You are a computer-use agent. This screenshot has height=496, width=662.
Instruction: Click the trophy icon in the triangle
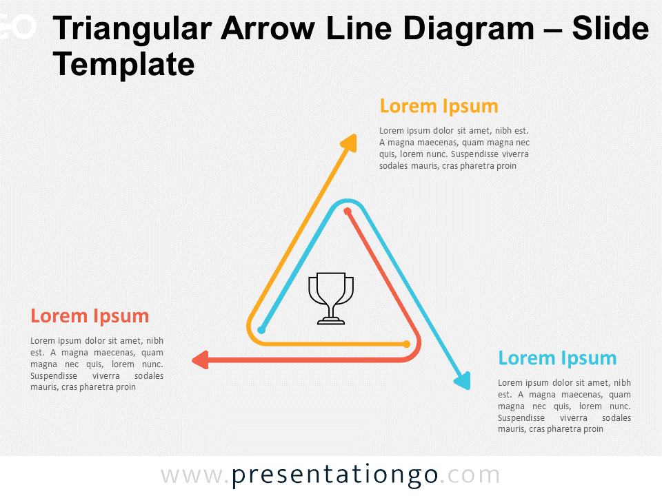pos(331,298)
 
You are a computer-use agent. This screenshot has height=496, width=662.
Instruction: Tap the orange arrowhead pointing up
pos(350,143)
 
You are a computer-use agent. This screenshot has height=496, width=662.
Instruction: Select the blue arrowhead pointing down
pos(463,380)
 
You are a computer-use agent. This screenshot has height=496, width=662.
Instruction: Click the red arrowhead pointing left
pos(200,360)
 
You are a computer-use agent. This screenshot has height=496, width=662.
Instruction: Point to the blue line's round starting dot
pos(261,330)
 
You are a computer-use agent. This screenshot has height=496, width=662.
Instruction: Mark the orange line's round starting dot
pos(407,344)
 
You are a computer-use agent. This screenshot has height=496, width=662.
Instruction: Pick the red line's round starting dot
pos(347,211)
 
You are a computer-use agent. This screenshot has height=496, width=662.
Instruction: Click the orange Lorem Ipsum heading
pos(439,106)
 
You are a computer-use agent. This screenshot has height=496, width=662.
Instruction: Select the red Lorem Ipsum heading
pos(90,316)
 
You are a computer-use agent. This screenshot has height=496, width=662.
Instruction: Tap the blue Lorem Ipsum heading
pos(557,358)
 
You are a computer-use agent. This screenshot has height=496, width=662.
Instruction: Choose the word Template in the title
pos(123,65)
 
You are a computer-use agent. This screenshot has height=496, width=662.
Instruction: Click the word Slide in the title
pos(610,29)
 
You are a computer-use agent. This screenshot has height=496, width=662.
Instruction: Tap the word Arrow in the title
pos(268,29)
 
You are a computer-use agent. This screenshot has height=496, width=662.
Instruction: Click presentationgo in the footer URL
pos(335,475)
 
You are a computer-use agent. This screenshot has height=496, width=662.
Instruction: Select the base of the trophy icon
pos(331,322)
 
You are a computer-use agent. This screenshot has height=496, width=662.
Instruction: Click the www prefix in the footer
pos(191,476)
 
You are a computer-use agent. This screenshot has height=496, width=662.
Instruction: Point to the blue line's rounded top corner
pos(347,200)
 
